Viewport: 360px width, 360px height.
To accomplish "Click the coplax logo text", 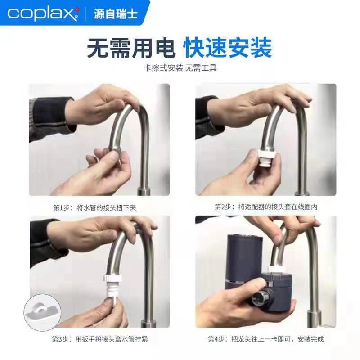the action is click(x=41, y=14).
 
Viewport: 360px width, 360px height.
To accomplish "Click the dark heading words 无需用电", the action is click(x=131, y=48).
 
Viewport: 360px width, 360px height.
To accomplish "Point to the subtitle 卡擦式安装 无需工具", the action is click(x=180, y=68).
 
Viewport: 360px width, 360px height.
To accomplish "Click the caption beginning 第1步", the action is click(x=95, y=208).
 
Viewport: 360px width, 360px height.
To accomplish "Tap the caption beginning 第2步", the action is click(x=266, y=207).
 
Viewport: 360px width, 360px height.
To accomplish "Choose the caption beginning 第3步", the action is click(x=99, y=339).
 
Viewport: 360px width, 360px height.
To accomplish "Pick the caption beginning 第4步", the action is click(x=266, y=339).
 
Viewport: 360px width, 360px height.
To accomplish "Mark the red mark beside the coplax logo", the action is click(x=77, y=9).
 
